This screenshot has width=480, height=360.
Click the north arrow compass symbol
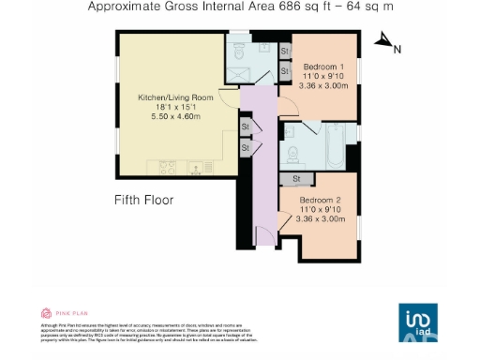click(383, 40)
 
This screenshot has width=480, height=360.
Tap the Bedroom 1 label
click(322, 67)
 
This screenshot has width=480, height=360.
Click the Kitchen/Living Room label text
click(175, 97)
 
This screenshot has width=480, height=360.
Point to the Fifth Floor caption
click(143, 200)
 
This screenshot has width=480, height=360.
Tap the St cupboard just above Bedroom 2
click(296, 178)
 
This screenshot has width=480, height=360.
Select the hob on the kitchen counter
click(169, 168)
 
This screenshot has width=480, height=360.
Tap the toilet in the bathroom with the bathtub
click(292, 154)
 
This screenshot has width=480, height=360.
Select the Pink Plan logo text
click(67, 313)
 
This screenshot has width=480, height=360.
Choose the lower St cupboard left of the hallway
click(246, 147)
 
